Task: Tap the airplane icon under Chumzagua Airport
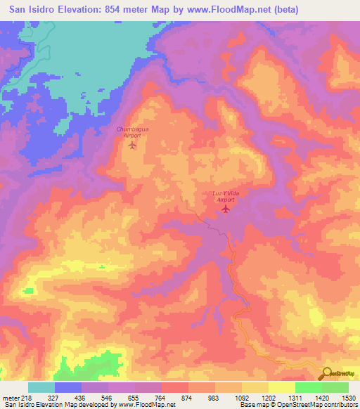(132, 147)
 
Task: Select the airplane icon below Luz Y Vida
(225, 209)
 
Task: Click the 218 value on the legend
(28, 397)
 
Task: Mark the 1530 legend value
(348, 397)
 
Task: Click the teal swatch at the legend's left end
(41, 387)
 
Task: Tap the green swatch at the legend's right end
(335, 387)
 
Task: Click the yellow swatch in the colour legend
(281, 387)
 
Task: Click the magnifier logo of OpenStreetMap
(326, 373)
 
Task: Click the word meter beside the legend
(11, 397)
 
